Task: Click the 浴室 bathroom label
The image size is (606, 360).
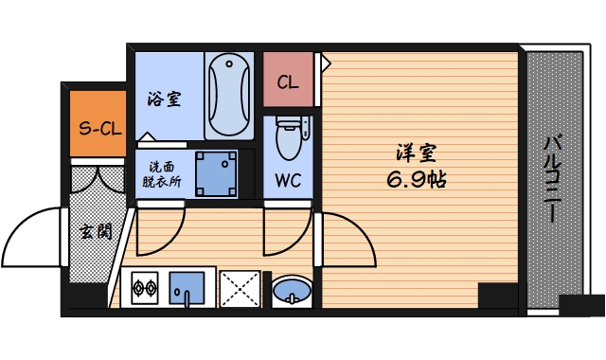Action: pos(165,99)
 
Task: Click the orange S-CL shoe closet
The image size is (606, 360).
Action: pos(98,125)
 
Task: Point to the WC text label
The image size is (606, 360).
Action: pos(288,181)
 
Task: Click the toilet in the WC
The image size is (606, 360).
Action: pos(287,140)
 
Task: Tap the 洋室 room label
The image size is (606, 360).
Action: pos(417,152)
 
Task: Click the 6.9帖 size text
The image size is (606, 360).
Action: pos(417,178)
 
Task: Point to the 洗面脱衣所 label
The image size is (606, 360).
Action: pos(159,171)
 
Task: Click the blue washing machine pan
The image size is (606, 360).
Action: pos(215,171)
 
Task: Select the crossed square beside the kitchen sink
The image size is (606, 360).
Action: pos(240,287)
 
